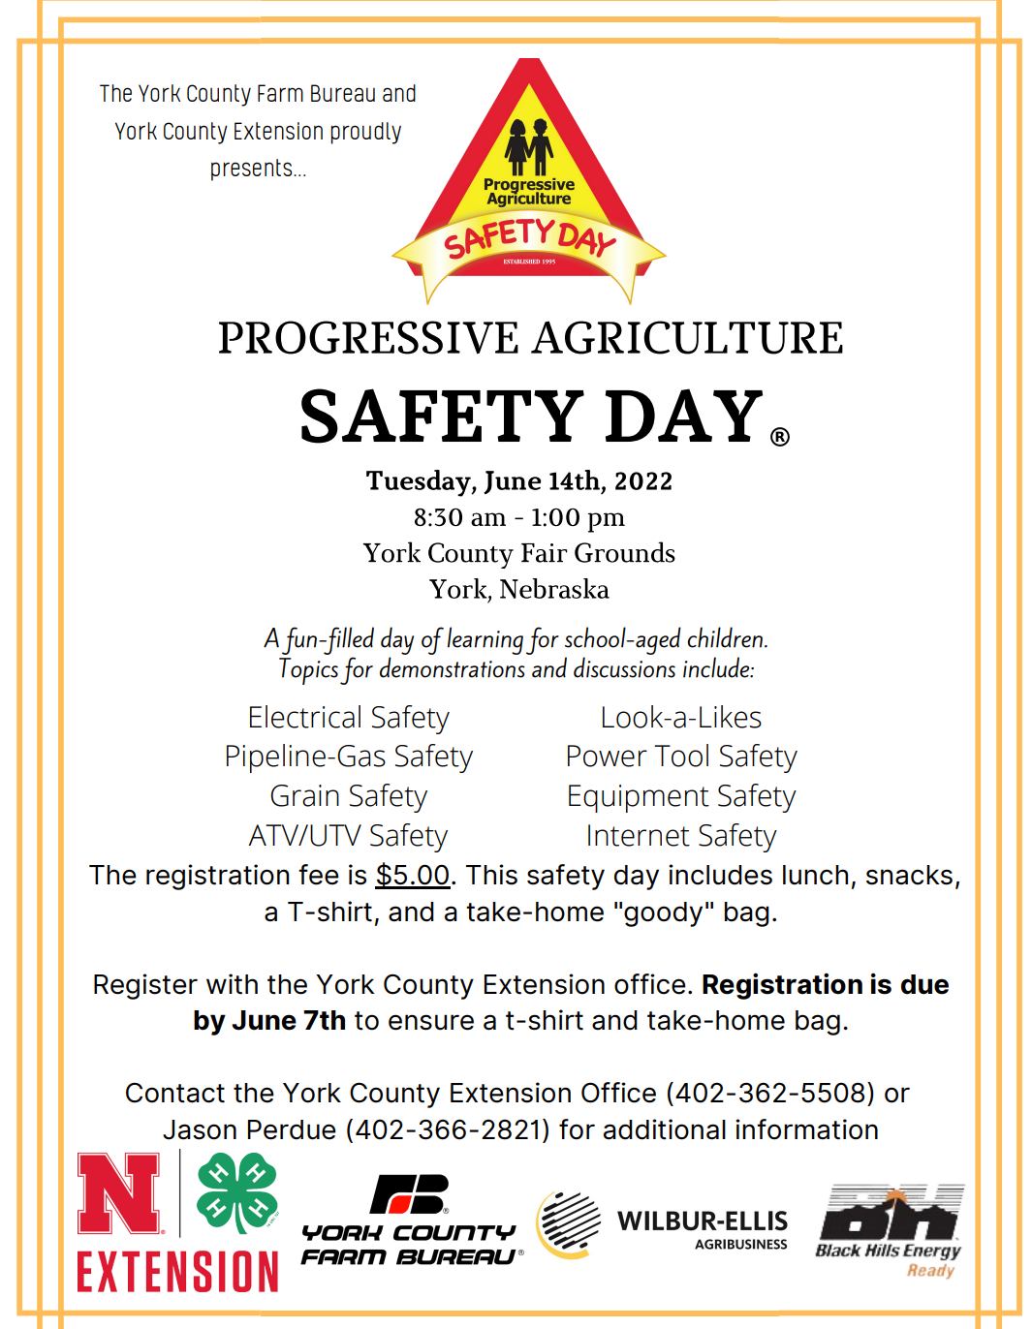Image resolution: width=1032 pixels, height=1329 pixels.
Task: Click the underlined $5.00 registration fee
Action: [413, 876]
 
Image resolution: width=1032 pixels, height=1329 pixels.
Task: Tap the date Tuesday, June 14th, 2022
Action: [519, 481]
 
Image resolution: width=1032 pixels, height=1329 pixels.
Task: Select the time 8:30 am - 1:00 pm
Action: [519, 517]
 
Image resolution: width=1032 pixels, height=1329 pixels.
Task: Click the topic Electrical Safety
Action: [348, 718]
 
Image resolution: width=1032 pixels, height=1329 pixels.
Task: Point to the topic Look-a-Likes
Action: [681, 718]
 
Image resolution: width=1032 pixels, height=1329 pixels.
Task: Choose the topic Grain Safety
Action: [348, 796]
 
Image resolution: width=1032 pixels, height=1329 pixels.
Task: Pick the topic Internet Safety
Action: [681, 836]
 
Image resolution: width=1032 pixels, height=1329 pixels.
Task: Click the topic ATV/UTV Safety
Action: [348, 836]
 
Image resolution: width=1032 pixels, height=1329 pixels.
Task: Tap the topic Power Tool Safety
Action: [681, 757]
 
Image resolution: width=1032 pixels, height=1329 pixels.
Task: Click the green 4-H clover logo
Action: [236, 1192]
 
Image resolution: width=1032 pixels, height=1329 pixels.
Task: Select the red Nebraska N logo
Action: [119, 1192]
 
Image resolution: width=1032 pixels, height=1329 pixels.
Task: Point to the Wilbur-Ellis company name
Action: [703, 1221]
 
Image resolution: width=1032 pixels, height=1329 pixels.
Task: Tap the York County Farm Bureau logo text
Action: [409, 1245]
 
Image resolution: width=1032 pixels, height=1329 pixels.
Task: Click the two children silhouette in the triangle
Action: [528, 146]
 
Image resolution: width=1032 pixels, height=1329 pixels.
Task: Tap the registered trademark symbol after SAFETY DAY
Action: [780, 437]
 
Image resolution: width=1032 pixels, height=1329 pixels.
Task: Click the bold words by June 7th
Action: [269, 1021]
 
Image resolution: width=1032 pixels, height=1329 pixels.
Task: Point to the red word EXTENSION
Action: [177, 1272]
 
